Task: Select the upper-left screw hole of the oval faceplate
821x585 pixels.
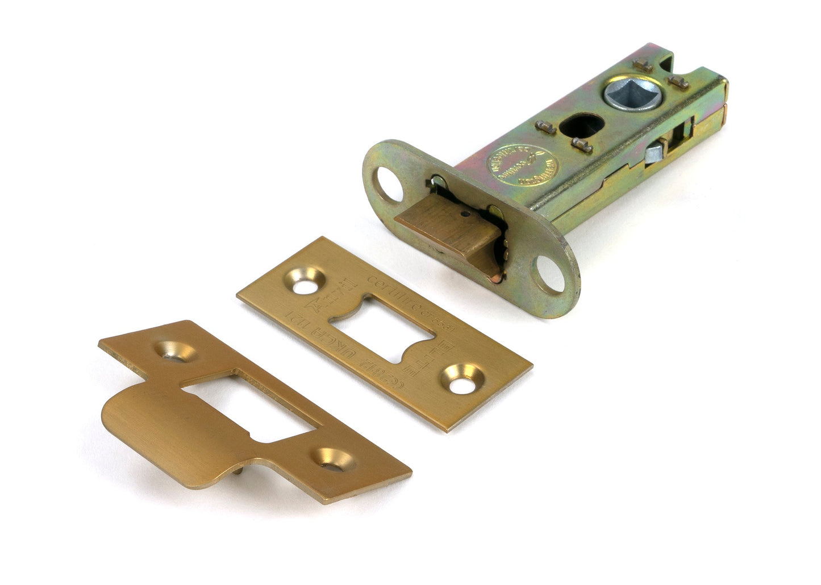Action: click(x=391, y=185)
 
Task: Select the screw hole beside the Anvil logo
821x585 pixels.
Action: click(x=305, y=283)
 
